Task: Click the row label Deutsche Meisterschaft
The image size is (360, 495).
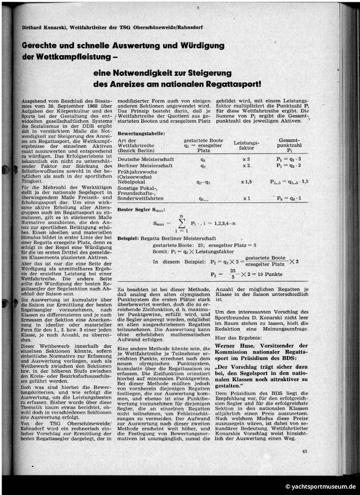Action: pos(142,159)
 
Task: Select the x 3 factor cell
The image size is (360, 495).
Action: pos(246,159)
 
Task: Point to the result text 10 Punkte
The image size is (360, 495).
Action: pos(270,274)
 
